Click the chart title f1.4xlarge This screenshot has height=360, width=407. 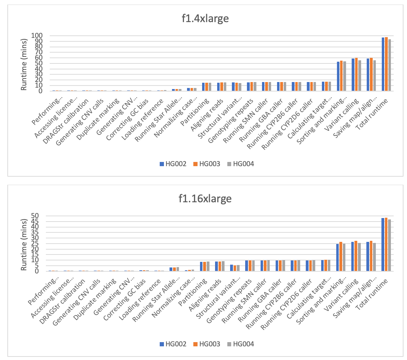[203, 19]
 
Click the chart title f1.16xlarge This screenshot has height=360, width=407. [203, 198]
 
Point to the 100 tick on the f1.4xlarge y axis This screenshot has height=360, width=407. [37, 36]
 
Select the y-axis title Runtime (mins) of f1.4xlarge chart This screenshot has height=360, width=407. [24, 63]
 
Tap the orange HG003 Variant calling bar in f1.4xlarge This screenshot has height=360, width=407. [357, 74]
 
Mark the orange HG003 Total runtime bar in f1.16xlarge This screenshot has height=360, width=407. [386, 244]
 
